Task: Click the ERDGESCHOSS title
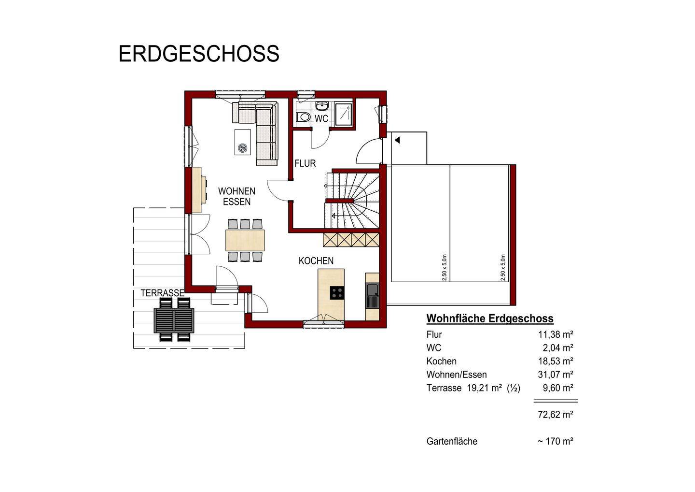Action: coord(198,54)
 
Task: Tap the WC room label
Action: coord(321,118)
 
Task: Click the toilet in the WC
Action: coord(303,116)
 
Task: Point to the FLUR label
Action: coord(305,163)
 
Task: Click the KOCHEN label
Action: coord(316,261)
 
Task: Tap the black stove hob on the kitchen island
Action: coord(337,292)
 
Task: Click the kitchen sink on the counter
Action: coord(372,290)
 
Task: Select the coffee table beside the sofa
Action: coord(243,142)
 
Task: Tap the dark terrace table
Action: coord(174,320)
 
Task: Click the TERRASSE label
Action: coord(162,293)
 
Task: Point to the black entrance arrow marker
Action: coord(397,140)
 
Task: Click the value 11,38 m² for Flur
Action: coord(555,334)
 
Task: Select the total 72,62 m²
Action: coord(555,415)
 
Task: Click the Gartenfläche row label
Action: coord(452,441)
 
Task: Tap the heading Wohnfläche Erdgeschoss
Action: coord(490,318)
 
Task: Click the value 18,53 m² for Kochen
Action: coord(555,361)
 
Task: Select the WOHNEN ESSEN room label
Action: coord(236,197)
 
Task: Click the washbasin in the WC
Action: coord(321,105)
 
